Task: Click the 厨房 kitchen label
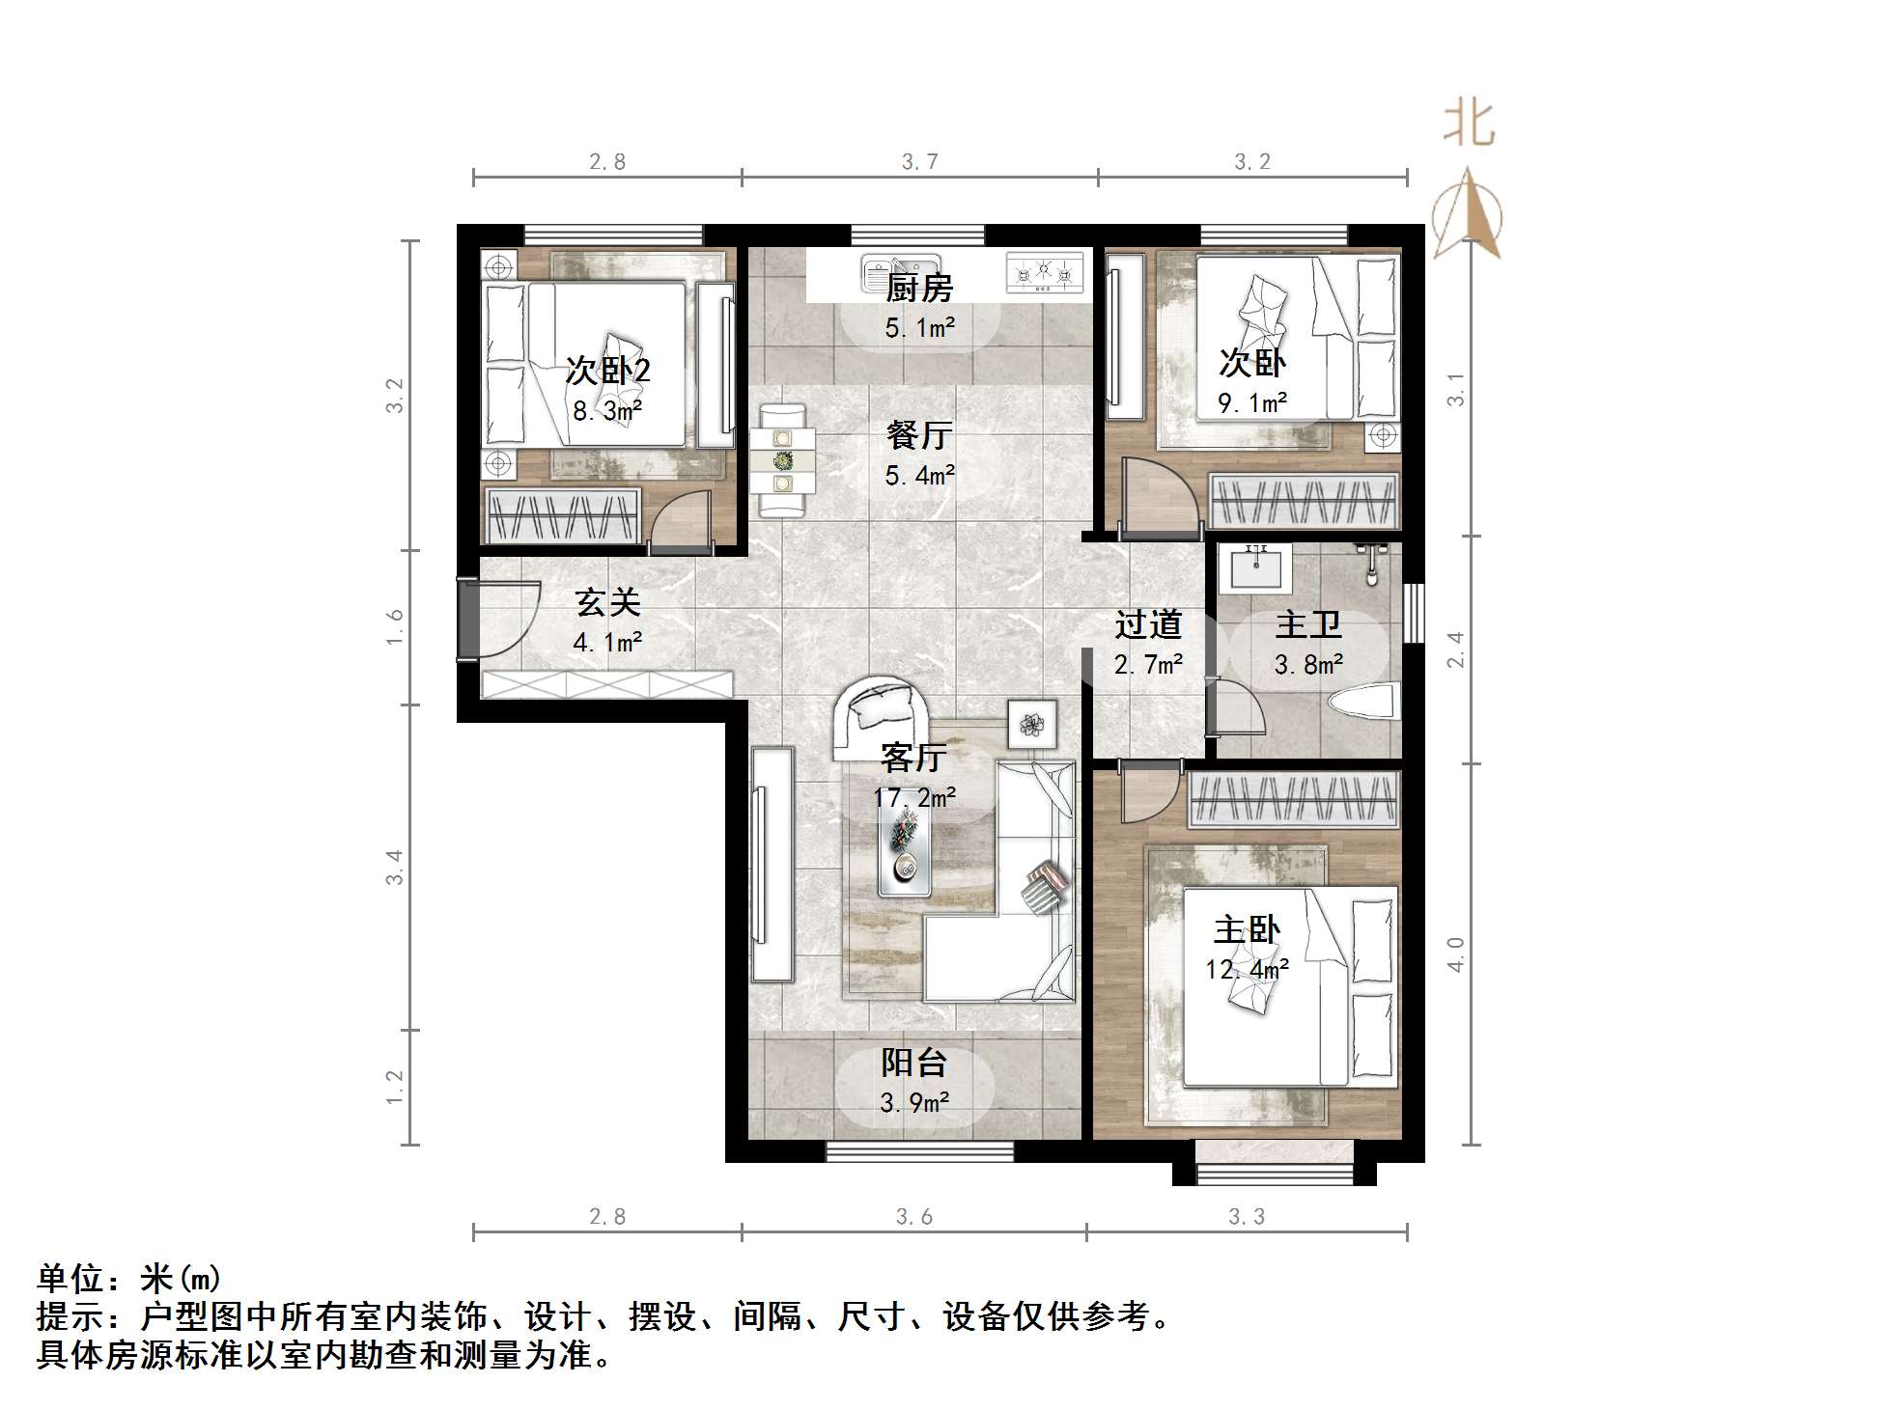(x=919, y=289)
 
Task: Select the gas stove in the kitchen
(x=1044, y=272)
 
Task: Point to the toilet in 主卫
(x=1364, y=702)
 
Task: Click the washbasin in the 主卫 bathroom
(x=1255, y=569)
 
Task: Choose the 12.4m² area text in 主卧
(x=1247, y=970)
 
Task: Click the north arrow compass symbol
(x=1467, y=214)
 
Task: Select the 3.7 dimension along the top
(x=919, y=162)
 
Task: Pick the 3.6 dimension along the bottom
(x=913, y=1217)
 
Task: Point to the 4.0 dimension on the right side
(x=1455, y=954)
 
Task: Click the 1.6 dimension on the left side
(x=394, y=627)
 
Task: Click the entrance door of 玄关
(x=467, y=621)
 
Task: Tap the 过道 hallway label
(x=1148, y=625)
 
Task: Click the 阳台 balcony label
(x=913, y=1064)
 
